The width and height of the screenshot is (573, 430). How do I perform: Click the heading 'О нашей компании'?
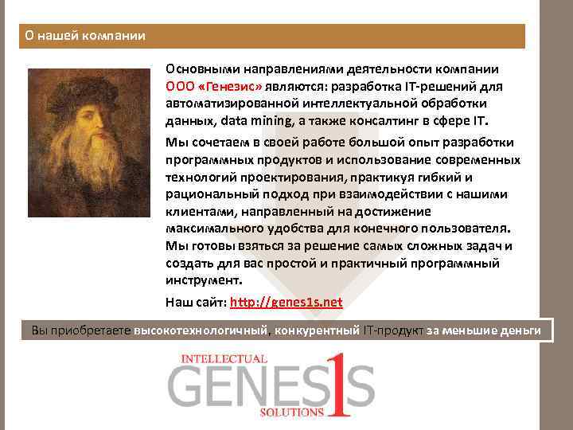click(84, 36)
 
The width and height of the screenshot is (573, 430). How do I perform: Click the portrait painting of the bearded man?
click(88, 143)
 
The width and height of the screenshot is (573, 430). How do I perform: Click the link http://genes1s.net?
click(286, 302)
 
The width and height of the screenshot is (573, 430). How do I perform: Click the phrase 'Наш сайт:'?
click(196, 302)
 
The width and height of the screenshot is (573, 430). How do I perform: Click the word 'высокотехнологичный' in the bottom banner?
click(202, 330)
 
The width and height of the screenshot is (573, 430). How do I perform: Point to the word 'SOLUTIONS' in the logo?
click(292, 412)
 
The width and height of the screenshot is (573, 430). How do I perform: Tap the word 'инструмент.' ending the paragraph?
click(203, 280)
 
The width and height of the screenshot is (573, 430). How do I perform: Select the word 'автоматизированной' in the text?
click(228, 104)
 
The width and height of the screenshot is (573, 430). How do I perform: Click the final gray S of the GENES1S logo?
click(361, 388)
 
